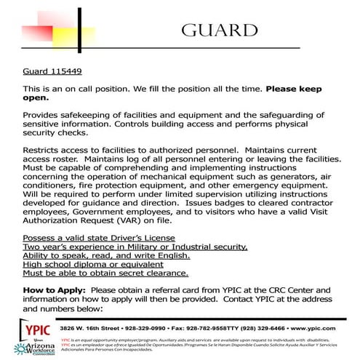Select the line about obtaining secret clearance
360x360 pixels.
[95, 273]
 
